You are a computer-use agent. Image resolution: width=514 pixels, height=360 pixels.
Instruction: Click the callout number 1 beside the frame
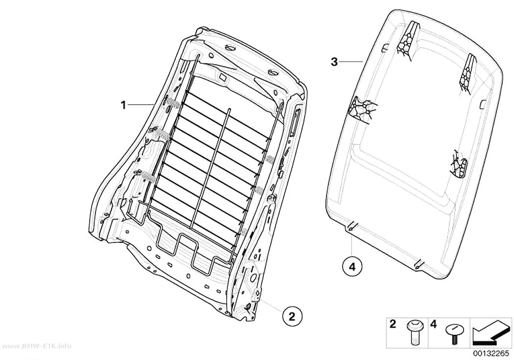(x=123, y=106)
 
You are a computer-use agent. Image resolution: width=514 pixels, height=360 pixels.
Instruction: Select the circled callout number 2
(x=291, y=316)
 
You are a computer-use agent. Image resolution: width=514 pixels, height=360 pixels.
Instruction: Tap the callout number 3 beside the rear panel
(x=334, y=62)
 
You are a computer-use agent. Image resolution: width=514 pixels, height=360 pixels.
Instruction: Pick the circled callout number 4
(x=352, y=266)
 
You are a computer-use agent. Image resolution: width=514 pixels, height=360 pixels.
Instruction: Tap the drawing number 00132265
(x=491, y=354)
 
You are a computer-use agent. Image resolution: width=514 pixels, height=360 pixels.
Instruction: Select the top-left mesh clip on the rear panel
(x=407, y=41)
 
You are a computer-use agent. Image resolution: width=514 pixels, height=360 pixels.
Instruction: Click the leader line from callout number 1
(x=141, y=104)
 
